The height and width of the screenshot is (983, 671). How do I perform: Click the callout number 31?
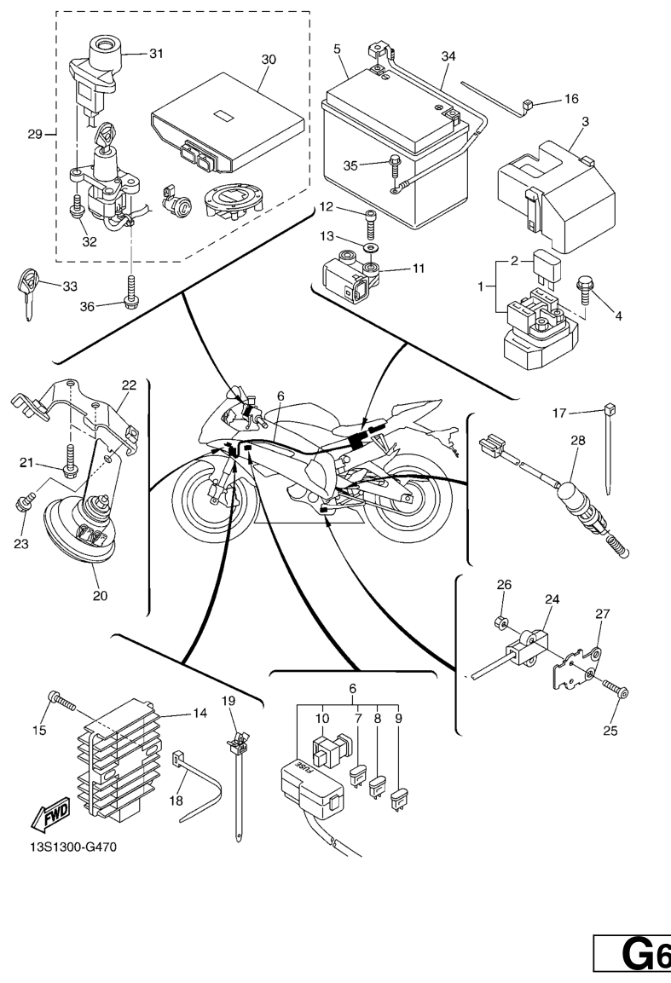(x=156, y=53)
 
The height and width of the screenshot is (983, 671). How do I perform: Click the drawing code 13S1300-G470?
(x=72, y=847)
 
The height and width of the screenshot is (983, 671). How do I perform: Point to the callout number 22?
(x=129, y=385)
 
